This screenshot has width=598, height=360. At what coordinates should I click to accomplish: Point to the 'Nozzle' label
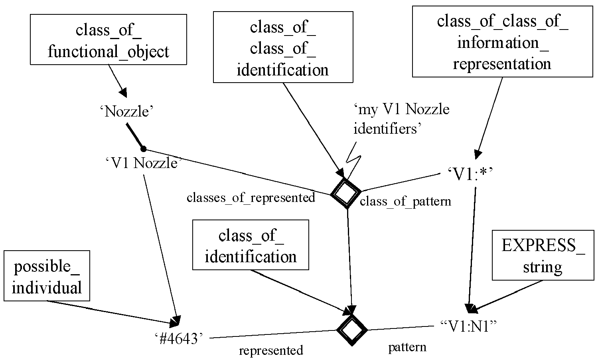127,111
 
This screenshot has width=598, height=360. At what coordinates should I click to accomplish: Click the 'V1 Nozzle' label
144,163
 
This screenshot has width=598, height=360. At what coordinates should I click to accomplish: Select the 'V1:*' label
470,174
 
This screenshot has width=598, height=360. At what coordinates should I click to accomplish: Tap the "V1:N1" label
468,326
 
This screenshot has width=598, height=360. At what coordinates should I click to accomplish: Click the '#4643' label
179,338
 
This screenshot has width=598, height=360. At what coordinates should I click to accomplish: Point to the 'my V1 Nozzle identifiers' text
401,119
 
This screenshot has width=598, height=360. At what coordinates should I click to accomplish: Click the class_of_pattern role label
406,202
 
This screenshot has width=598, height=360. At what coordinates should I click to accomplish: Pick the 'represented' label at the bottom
271,350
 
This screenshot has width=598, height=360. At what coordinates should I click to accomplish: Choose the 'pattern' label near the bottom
407,348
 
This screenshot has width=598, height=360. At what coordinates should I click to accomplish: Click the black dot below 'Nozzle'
143,149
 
